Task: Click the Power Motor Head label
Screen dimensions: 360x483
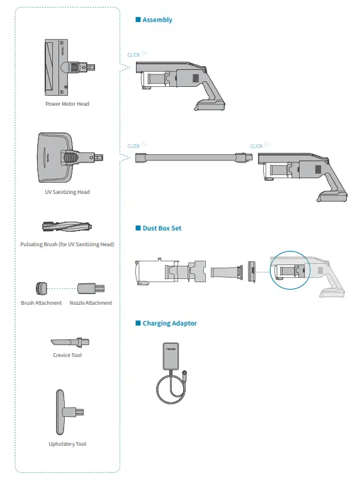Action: point(67,104)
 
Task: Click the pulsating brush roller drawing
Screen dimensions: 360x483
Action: point(67,227)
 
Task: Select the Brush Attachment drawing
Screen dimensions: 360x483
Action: point(41,288)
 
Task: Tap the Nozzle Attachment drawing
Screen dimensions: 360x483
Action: point(91,288)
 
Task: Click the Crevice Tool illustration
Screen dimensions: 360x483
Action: point(70,342)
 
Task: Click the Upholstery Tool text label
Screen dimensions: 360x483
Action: point(67,444)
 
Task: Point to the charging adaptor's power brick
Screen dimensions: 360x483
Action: point(171,356)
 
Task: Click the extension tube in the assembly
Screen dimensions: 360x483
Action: point(194,157)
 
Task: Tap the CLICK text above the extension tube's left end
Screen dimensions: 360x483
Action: point(133,146)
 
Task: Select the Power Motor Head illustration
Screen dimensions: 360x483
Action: point(70,67)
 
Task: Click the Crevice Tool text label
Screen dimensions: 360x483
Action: point(67,355)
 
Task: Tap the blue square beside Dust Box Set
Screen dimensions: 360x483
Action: point(138,228)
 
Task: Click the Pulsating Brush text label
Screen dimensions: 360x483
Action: point(67,244)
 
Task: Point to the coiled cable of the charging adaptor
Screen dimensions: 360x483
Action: point(172,387)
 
